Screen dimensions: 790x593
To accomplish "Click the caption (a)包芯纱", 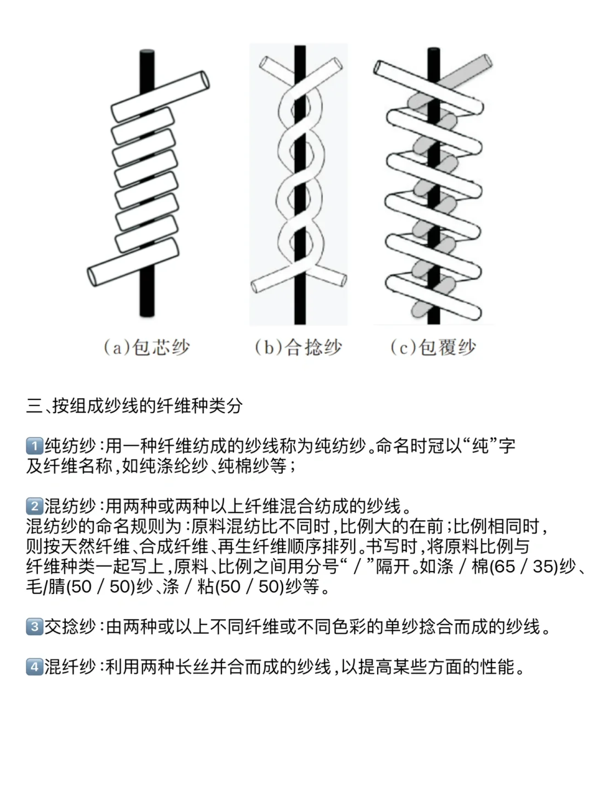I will click(x=147, y=347).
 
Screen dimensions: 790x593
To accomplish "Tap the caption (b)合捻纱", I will click(x=298, y=347).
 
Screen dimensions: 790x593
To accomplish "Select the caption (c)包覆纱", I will click(x=433, y=347).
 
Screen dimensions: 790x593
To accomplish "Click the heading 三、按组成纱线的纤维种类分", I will click(x=135, y=406).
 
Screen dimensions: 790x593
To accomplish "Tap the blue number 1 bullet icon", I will click(x=34, y=445).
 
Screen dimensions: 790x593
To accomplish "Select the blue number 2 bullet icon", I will click(x=34, y=505).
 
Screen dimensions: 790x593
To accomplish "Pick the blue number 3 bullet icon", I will click(x=34, y=627).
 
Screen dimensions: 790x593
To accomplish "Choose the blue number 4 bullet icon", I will click(x=34, y=667).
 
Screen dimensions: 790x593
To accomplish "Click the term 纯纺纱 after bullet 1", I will click(x=70, y=445).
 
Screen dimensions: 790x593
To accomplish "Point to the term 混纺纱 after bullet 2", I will click(x=70, y=505).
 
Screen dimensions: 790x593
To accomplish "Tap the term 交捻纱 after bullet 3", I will click(x=70, y=627).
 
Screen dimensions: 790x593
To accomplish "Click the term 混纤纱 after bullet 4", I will click(x=70, y=667).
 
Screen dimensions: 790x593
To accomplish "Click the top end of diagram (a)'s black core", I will click(x=147, y=53).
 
